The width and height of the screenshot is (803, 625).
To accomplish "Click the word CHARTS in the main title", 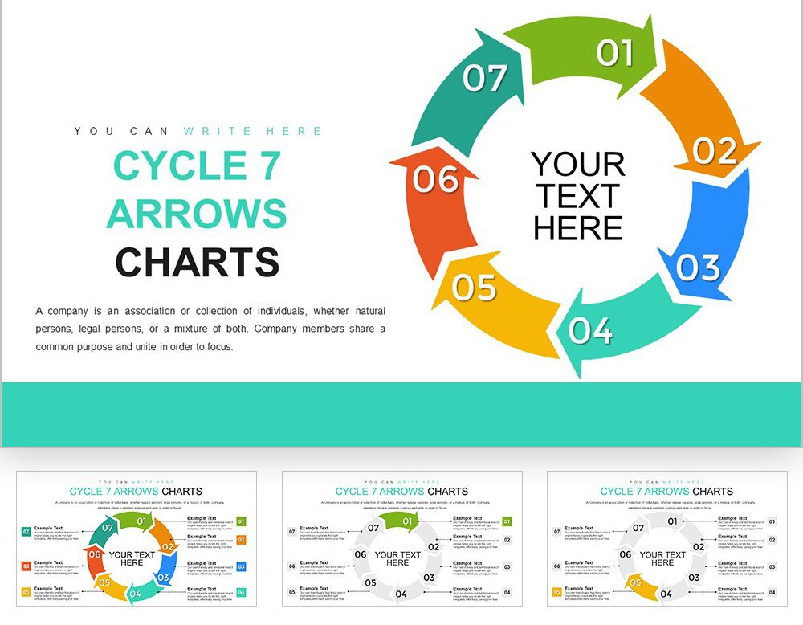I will pyautogui.click(x=197, y=263).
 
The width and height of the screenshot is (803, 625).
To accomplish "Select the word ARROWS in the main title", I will pyautogui.click(x=197, y=214).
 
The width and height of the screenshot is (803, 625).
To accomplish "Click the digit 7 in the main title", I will pyautogui.click(x=269, y=166).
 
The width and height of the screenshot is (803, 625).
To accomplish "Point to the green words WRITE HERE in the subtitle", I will pyautogui.click(x=253, y=131).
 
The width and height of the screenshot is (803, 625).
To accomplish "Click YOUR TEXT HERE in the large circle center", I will pyautogui.click(x=578, y=196).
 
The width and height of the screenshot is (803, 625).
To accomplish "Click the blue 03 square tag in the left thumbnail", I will pyautogui.click(x=242, y=567).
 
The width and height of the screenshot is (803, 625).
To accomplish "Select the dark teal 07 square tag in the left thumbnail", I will pyautogui.click(x=26, y=532).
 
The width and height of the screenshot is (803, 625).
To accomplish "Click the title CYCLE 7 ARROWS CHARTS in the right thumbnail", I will pyautogui.click(x=666, y=491).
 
